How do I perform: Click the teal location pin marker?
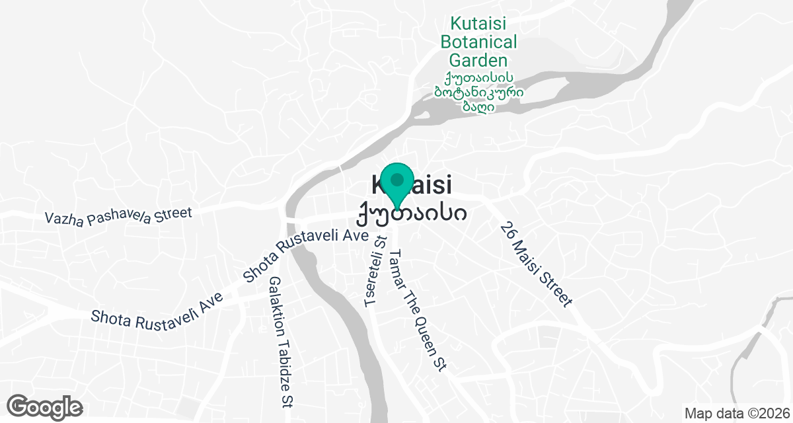[397, 184]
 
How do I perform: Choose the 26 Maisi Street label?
[535, 264]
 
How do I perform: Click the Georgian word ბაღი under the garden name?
[479, 106]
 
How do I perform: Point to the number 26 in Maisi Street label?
[508, 231]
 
